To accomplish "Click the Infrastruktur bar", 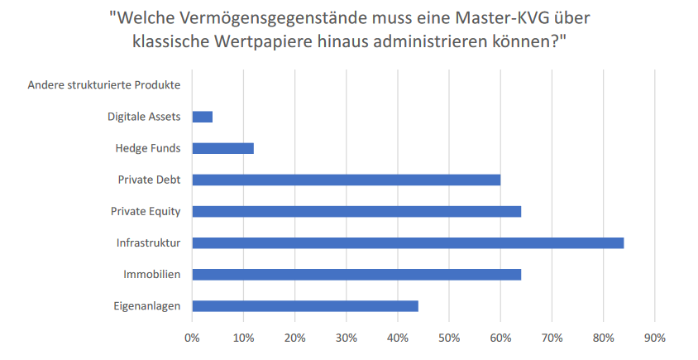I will coord(408,242).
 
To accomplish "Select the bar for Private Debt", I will coord(347,180).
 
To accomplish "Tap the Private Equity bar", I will coord(356,211).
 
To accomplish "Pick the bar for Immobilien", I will coord(356,274).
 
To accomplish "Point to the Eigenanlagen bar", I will coord(305,305).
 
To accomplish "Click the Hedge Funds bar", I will coord(222,148).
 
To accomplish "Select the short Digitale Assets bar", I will coord(203,117).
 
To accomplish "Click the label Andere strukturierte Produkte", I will coord(104,85).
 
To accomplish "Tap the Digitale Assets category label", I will coord(144,117).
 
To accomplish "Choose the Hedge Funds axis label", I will coord(149,148).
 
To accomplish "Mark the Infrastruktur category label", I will coord(149,242).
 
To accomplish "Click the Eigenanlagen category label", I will coord(148,305).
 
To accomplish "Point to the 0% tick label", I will coord(192,338).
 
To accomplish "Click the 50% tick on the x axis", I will coord(449,338).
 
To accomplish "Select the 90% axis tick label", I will coord(654,338).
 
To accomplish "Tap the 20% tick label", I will coord(294,338).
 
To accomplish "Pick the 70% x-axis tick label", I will coord(552,338).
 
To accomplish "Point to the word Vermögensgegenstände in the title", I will coord(261,17).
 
